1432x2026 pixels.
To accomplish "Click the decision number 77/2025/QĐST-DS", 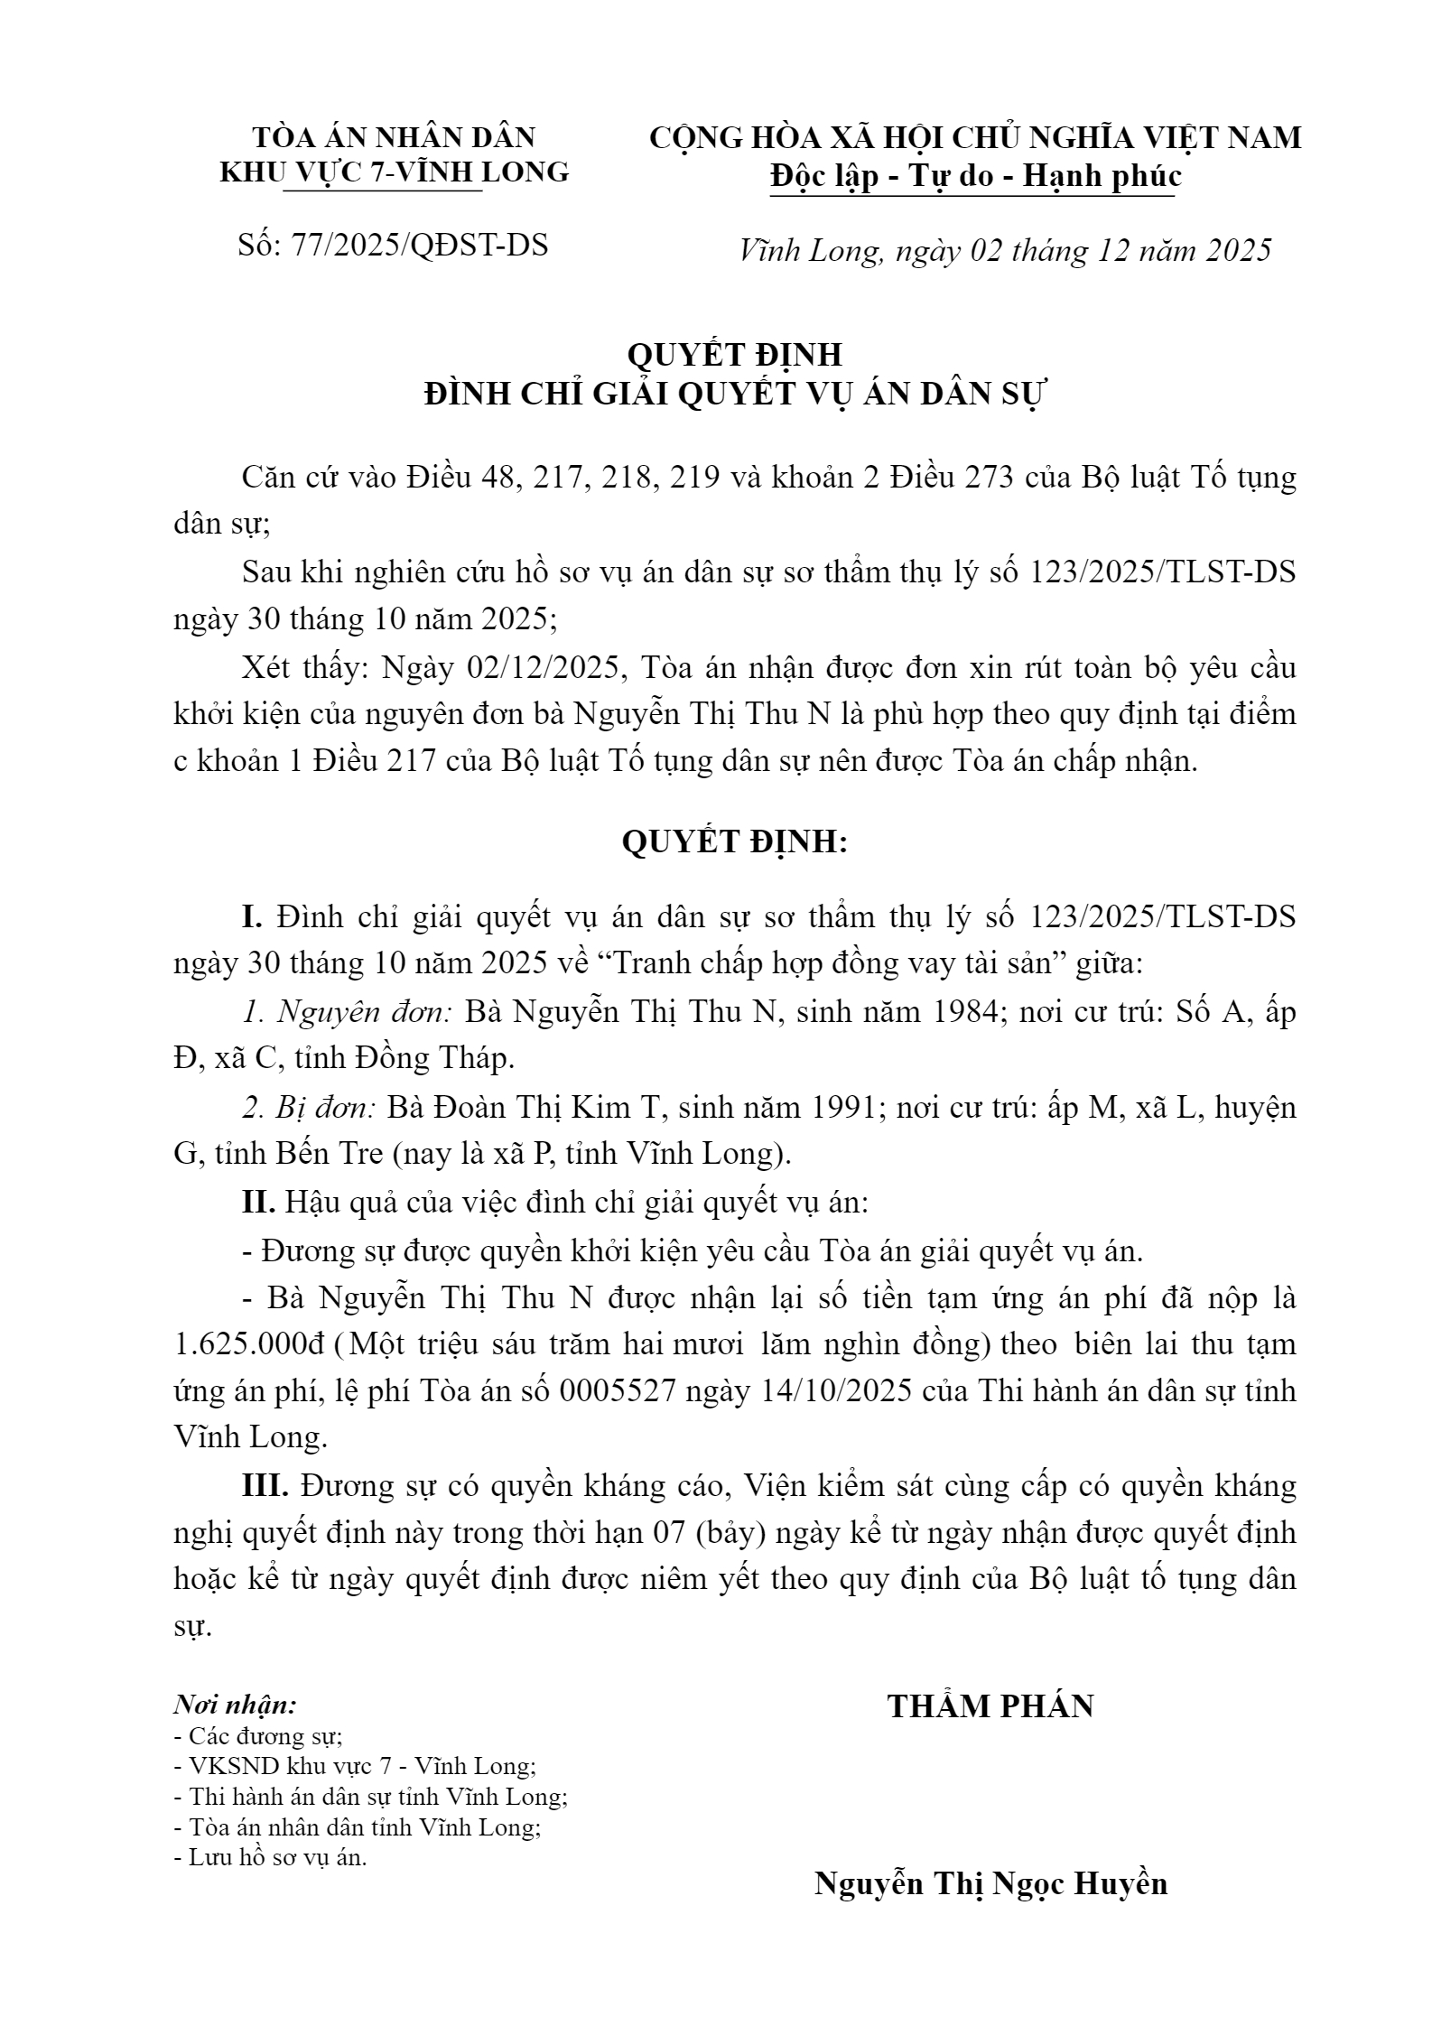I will click(x=420, y=246).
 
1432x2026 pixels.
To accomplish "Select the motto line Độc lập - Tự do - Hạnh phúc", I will click(x=975, y=176).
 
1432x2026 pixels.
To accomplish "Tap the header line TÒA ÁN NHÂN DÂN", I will click(x=394, y=137).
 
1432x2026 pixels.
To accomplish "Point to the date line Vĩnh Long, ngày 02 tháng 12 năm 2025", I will click(x=1005, y=250).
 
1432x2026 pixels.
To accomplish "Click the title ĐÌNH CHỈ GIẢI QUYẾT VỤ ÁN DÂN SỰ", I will click(x=734, y=395).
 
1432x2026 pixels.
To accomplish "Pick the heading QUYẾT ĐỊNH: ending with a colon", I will click(x=734, y=841).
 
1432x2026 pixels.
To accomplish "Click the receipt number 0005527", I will click(x=618, y=1390).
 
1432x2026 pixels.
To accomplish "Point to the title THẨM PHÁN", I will click(x=990, y=1705).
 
